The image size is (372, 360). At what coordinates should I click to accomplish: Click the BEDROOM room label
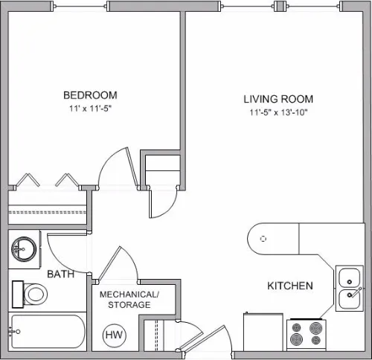pos(89,95)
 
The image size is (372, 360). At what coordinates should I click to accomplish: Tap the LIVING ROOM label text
pos(278,99)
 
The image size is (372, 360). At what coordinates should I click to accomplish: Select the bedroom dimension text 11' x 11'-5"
pos(89,109)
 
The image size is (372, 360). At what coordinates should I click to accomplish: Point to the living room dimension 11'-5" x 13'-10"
pos(278,113)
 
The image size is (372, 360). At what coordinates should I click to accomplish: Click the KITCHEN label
pos(289,286)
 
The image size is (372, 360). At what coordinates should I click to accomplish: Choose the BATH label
pos(60,274)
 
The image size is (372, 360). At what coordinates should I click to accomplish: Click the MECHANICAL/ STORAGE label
pos(129,299)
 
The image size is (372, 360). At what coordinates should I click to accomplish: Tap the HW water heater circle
pos(114,335)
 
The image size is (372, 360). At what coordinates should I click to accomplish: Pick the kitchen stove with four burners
pos(307,333)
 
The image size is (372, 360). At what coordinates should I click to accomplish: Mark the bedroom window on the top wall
pos(81,6)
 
